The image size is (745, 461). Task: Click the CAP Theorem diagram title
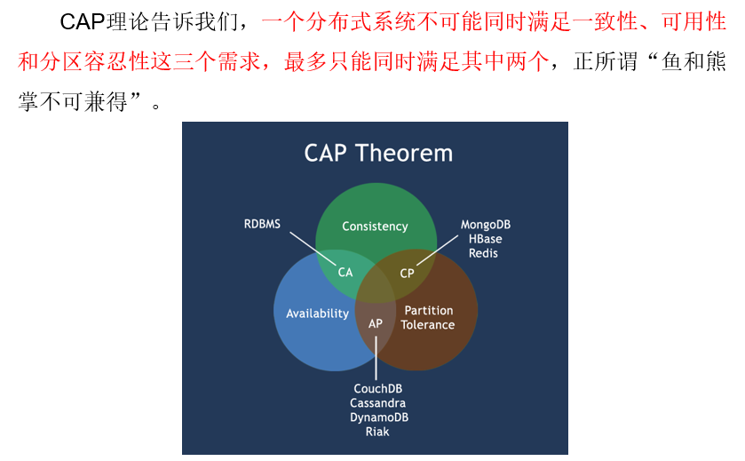[378, 153]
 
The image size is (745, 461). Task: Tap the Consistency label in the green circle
[375, 227]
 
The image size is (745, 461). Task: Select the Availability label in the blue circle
[317, 314]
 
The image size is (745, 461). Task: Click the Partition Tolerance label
[428, 317]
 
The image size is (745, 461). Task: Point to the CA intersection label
[345, 273]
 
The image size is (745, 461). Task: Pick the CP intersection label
[407, 274]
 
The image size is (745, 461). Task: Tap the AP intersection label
[376, 323]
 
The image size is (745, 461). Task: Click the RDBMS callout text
[262, 224]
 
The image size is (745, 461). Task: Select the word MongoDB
[485, 225]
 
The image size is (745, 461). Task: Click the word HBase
[485, 239]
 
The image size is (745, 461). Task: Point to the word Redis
[484, 253]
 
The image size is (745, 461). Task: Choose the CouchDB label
[378, 389]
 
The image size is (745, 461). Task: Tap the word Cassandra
[378, 403]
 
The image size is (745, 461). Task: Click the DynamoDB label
[379, 417]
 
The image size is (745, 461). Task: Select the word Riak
[377, 432]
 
